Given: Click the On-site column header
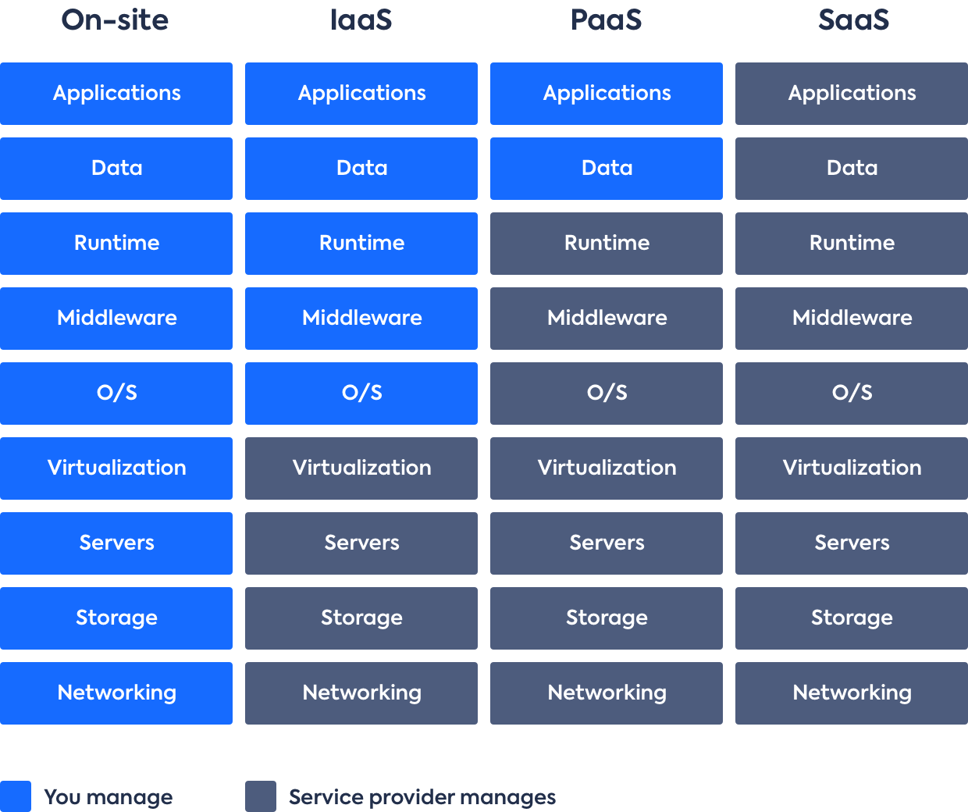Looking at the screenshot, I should click(x=116, y=20).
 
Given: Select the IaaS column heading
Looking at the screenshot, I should click(x=361, y=20).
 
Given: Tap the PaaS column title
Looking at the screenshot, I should click(x=606, y=20).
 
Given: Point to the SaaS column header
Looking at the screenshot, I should click(x=853, y=20).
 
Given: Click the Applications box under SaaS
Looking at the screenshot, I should click(x=852, y=94).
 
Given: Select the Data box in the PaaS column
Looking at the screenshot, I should click(x=607, y=169).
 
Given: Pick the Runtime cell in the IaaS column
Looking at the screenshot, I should click(x=361, y=244).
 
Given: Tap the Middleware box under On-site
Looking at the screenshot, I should click(x=116, y=319).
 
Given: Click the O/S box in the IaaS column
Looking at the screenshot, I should click(x=361, y=394).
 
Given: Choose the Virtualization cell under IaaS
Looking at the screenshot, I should click(x=361, y=468).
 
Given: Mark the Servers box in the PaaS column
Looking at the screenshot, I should click(x=607, y=543).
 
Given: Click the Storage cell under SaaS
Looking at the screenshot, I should click(x=852, y=618).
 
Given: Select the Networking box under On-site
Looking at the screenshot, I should click(x=116, y=693).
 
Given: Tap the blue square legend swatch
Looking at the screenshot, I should click(x=16, y=796).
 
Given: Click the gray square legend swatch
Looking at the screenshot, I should click(x=261, y=796).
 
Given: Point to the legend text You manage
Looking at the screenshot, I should click(x=109, y=797).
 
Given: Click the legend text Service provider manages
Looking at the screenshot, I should click(x=422, y=797).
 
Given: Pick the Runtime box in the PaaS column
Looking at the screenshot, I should click(x=607, y=244).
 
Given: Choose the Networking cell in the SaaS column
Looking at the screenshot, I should click(x=852, y=693).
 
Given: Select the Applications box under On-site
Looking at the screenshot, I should click(x=116, y=94).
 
